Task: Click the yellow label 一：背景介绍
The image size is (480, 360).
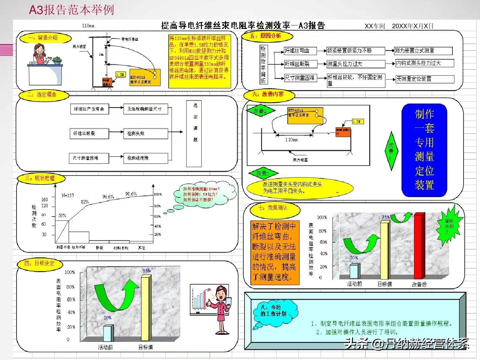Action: coord(43,38)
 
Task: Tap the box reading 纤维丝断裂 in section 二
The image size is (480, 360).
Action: coord(89,134)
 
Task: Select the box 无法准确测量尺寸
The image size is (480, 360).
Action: coord(145,109)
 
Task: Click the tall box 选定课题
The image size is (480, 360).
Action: coord(194,134)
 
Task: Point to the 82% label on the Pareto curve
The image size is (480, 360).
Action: coord(85,202)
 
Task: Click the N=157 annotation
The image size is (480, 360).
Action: coord(68,195)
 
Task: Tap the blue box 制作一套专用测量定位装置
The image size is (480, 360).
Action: coord(424,150)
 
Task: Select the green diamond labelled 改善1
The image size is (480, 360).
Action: coord(260,111)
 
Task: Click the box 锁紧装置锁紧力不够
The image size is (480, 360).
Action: coord(356,51)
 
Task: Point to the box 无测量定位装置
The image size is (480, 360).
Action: coord(424,79)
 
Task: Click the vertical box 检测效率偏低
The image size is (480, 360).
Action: coord(263,64)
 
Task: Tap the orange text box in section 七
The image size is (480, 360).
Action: coord(275,252)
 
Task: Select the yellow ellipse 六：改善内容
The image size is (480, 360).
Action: coord(269,95)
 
